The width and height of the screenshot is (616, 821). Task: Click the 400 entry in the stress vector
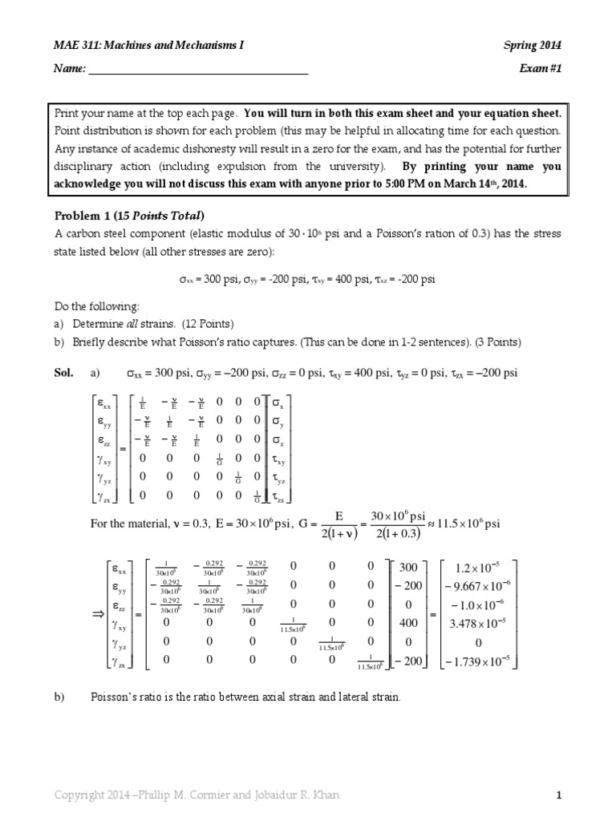point(407,621)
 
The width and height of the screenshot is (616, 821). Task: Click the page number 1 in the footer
point(560,795)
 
